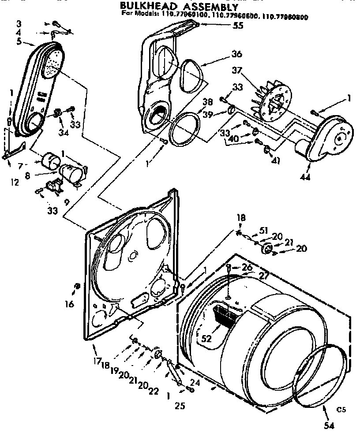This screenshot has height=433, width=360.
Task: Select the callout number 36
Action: (x=236, y=55)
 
